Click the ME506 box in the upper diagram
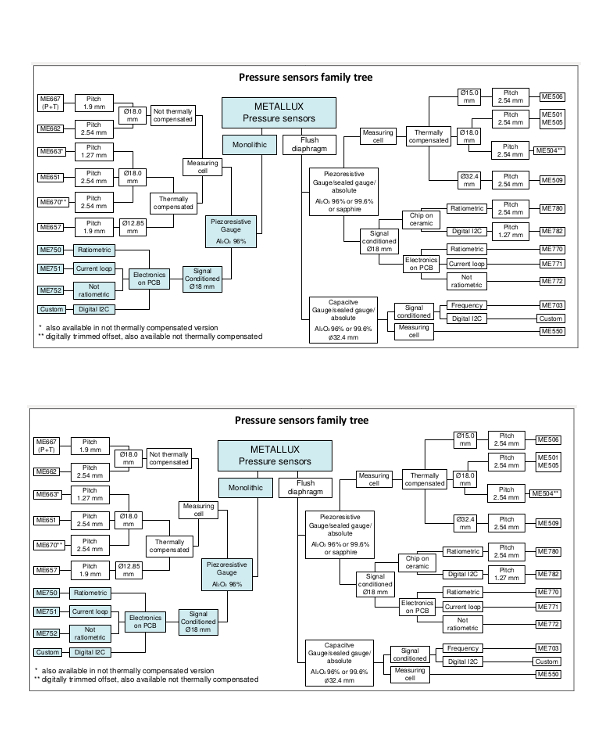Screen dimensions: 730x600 pyautogui.click(x=551, y=96)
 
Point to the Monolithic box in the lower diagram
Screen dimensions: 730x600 pyautogui.click(x=240, y=485)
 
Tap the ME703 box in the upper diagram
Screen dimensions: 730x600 pyautogui.click(x=551, y=303)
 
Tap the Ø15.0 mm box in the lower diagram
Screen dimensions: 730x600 pyautogui.click(x=467, y=439)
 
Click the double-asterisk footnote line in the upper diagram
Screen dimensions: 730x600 pyautogui.click(x=150, y=335)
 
